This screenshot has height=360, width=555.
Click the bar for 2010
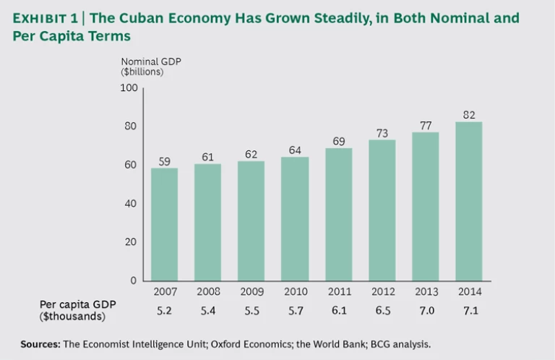coord(295,218)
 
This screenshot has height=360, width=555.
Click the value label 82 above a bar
coord(469,114)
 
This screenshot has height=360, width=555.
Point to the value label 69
coord(338,140)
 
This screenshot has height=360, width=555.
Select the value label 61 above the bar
coord(208,156)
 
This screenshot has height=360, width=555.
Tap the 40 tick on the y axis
coord(132,204)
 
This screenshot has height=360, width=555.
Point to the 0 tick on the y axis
coord(134,280)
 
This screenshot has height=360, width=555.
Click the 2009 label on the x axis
coord(251,292)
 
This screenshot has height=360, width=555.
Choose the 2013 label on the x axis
coord(426,292)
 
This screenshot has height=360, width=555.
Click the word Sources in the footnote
coord(39,343)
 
